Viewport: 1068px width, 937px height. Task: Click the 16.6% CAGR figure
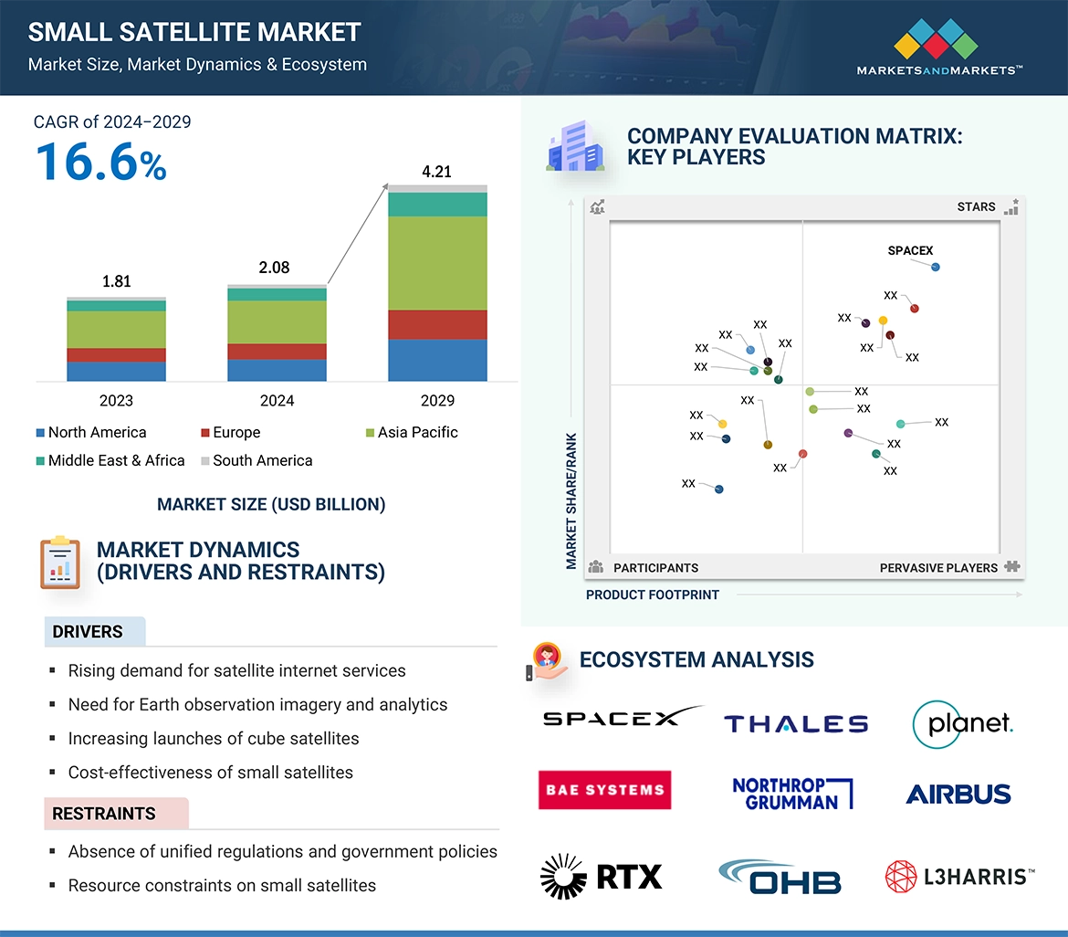[100, 162]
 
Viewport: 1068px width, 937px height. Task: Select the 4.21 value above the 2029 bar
[436, 172]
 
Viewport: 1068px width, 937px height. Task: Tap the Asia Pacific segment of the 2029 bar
[437, 263]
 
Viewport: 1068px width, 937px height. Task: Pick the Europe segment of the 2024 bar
[277, 351]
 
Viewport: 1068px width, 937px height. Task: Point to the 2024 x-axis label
[277, 400]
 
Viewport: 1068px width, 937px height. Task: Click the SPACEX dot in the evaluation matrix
[936, 267]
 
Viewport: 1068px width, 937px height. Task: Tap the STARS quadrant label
[976, 206]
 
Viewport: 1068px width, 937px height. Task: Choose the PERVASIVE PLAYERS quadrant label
[938, 567]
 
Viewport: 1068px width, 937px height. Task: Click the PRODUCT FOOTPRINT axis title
[652, 595]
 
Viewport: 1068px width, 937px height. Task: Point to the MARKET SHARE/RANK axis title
[571, 500]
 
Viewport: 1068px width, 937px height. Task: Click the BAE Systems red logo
[604, 790]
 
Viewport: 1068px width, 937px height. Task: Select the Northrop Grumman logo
[791, 794]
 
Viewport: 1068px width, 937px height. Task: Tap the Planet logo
[963, 724]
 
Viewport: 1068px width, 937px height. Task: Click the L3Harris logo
[959, 877]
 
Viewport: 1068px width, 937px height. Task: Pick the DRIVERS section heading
[88, 632]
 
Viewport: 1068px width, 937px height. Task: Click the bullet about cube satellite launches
[214, 738]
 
